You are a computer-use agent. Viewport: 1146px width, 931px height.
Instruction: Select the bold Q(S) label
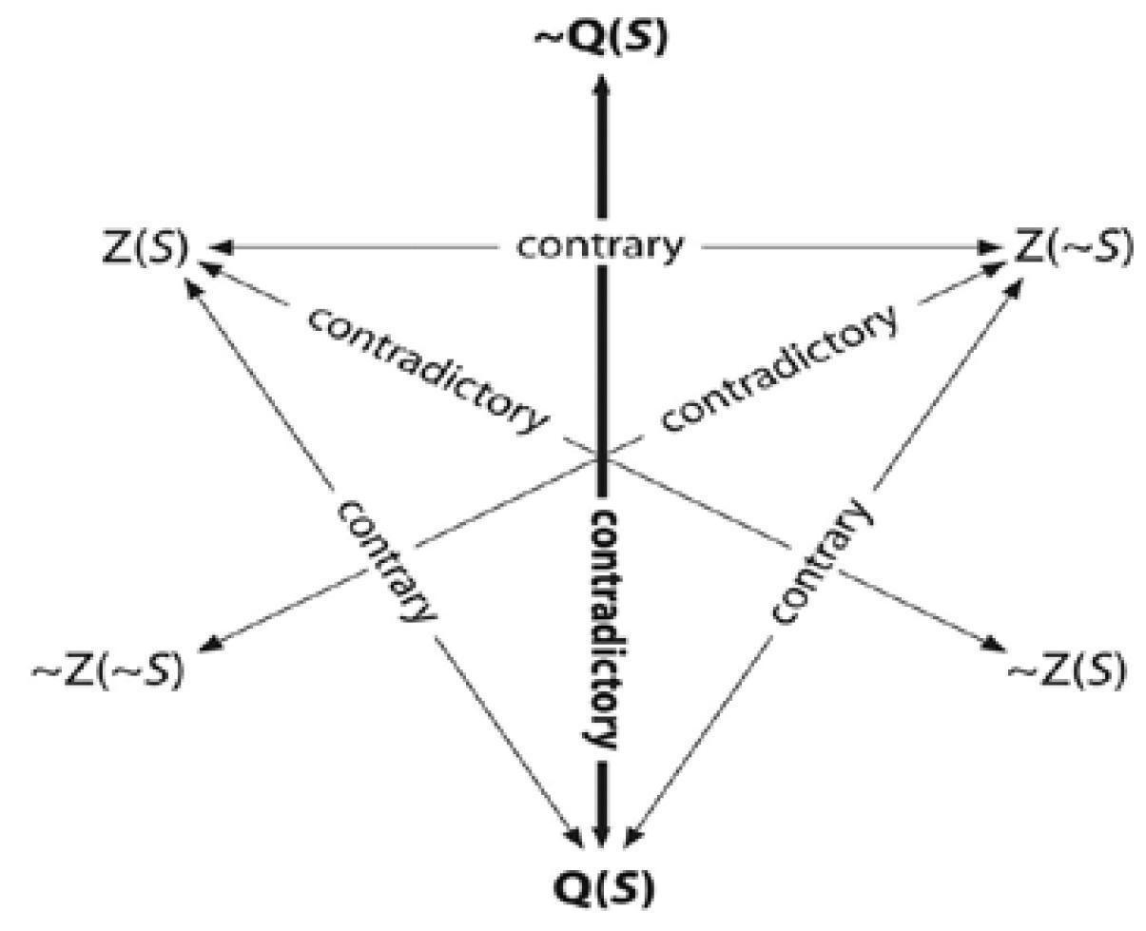tap(603, 889)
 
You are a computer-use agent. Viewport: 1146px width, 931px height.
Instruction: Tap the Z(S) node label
tap(144, 249)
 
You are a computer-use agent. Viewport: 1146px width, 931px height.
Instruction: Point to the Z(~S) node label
tap(1074, 248)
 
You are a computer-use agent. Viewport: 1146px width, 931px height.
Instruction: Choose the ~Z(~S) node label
tap(107, 670)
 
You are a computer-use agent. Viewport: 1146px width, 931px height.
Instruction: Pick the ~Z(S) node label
tap(1066, 671)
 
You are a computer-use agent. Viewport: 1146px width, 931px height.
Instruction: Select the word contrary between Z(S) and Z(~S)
tap(600, 246)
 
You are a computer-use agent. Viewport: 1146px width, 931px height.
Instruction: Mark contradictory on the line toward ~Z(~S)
tap(779, 366)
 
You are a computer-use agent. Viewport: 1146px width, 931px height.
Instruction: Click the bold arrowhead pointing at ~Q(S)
tap(600, 87)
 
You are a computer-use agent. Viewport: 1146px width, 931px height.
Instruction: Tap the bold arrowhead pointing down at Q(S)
tap(601, 832)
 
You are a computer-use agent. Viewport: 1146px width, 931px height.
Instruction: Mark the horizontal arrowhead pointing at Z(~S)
tap(991, 247)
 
